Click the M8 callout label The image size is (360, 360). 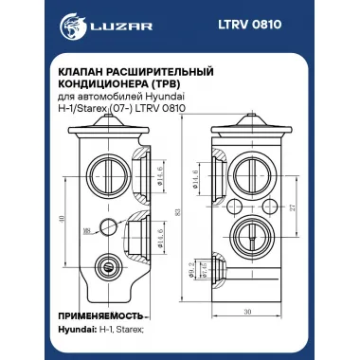coord(87,229)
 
